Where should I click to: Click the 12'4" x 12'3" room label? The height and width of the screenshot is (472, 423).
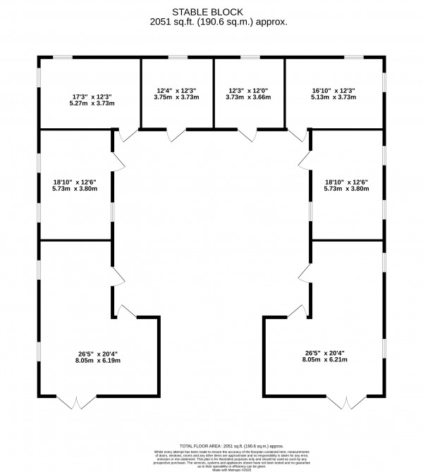coord(176,90)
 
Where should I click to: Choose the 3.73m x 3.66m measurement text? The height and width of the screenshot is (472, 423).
coord(248,97)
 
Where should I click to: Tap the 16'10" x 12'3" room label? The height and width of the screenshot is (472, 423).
coord(334,90)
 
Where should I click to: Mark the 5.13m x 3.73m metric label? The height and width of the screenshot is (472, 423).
coord(334,97)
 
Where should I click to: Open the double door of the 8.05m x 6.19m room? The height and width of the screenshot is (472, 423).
coord(75,402)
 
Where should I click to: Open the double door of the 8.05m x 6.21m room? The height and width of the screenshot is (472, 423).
coord(346,402)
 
